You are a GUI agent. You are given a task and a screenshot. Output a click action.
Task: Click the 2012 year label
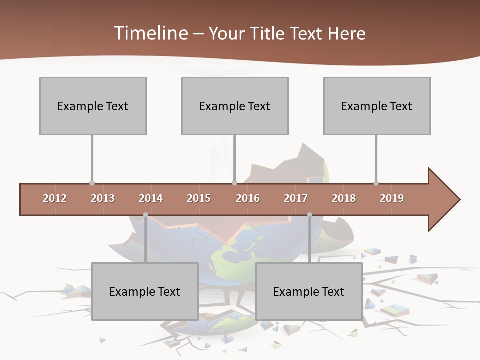pyautogui.click(x=55, y=198)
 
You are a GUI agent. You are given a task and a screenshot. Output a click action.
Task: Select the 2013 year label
pyautogui.click(x=103, y=198)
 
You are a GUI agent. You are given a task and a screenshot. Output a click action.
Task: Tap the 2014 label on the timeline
pyautogui.click(x=151, y=198)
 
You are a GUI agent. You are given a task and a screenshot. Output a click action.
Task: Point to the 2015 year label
pyautogui.click(x=199, y=198)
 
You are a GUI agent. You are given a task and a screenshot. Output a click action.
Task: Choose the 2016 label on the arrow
pyautogui.click(x=248, y=198)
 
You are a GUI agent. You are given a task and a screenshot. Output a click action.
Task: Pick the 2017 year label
pyautogui.click(x=296, y=198)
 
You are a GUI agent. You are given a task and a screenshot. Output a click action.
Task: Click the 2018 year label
pyautogui.click(x=344, y=198)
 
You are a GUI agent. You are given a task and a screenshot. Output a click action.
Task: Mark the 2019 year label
pyautogui.click(x=392, y=198)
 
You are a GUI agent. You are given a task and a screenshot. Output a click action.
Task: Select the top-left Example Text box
pyautogui.click(x=93, y=106)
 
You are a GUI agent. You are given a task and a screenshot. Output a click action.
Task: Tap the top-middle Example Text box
pyautogui.click(x=235, y=106)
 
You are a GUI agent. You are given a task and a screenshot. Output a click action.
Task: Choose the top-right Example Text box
pyautogui.click(x=377, y=106)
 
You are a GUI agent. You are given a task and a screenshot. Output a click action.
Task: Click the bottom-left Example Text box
pyautogui.click(x=145, y=291)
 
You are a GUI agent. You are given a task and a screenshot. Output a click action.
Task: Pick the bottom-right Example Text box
pyautogui.click(x=309, y=291)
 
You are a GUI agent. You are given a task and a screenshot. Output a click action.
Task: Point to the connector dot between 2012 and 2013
pyautogui.click(x=92, y=183)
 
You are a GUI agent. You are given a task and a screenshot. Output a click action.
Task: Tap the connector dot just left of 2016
pyautogui.click(x=234, y=183)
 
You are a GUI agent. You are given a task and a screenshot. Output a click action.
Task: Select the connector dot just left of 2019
pyautogui.click(x=376, y=183)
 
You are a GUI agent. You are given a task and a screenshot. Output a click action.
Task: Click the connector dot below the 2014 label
pyautogui.click(x=145, y=215)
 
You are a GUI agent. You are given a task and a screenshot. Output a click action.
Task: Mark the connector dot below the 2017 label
pyautogui.click(x=309, y=215)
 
